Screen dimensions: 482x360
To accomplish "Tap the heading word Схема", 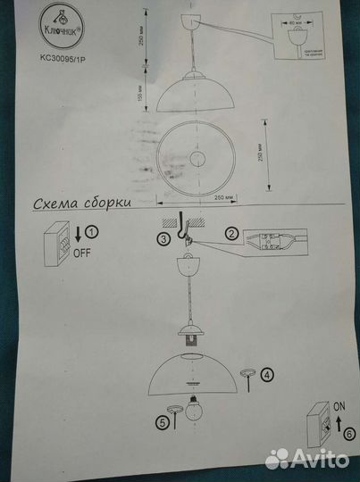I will click(x=56, y=203).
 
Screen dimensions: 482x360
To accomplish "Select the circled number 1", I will click(x=93, y=233).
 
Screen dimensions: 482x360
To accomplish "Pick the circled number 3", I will click(x=163, y=238).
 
